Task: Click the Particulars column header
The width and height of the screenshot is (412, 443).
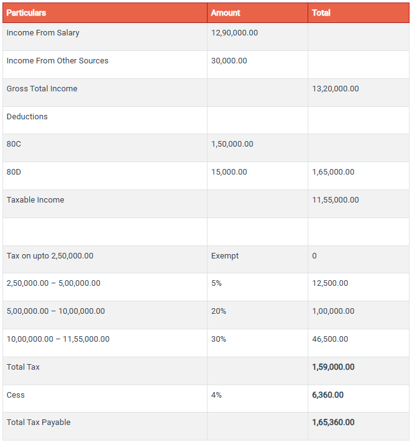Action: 26,12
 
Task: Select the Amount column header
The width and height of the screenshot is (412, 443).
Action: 225,12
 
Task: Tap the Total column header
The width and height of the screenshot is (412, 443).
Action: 321,12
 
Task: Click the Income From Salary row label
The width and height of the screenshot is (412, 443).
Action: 43,33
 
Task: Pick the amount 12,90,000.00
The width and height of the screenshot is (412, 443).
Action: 234,33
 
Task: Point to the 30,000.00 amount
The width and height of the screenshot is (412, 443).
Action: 229,61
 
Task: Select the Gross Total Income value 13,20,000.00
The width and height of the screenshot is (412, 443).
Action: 335,89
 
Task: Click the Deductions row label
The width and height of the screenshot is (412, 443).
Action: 27,117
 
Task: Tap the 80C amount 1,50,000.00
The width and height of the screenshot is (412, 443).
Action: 232,144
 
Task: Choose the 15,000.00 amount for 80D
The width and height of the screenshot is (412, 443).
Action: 229,172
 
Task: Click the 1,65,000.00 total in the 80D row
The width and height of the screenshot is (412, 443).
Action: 333,172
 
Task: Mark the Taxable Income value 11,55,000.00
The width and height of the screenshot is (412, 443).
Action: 335,200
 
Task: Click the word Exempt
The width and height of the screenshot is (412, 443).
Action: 225,256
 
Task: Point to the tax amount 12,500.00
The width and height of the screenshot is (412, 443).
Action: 330,283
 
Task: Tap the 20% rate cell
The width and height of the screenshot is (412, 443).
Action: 219,311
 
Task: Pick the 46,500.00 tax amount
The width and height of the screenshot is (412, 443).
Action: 330,339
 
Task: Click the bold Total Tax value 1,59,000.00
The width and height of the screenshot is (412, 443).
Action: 333,367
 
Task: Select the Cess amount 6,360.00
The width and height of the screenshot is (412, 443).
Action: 327,395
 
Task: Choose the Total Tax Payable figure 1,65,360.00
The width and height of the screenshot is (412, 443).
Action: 333,422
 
